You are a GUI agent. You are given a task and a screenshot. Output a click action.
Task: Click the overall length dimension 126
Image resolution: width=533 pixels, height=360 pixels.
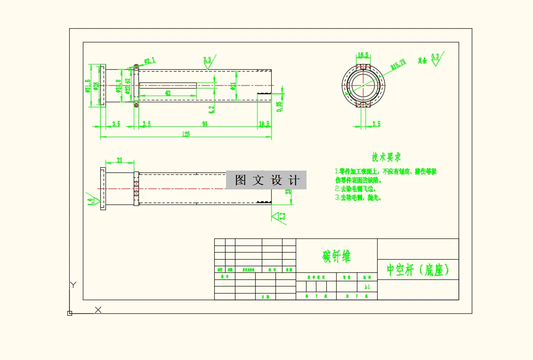[186, 134]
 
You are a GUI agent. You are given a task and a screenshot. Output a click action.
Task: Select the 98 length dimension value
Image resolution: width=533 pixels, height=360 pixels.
[205, 124]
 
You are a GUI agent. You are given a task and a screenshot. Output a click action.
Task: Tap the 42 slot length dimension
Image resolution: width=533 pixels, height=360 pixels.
[168, 93]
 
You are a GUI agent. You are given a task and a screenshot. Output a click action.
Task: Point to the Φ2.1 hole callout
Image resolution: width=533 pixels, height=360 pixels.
[149, 61]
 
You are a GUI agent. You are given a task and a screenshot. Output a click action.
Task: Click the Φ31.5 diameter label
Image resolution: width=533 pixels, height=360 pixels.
[88, 86]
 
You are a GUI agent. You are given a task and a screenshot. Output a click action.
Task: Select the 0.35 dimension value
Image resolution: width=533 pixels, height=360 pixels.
[279, 106]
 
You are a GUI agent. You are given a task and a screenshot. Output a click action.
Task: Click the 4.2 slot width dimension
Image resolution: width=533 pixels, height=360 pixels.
[211, 108]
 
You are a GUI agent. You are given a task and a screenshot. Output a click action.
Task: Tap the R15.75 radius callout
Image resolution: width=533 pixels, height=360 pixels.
[398, 65]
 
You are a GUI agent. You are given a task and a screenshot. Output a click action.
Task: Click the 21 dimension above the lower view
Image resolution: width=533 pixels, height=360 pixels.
[119, 160]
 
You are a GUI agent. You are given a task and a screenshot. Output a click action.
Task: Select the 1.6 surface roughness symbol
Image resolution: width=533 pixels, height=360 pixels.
[90, 201]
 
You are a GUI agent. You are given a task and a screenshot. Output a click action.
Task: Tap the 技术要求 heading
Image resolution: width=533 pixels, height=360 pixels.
[387, 157]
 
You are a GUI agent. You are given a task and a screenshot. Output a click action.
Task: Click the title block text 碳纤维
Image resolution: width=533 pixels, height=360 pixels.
[336, 256]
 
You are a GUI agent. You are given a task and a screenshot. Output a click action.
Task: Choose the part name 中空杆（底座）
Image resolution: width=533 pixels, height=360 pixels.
[418, 270]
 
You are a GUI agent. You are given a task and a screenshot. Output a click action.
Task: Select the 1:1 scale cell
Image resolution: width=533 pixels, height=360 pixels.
[367, 286]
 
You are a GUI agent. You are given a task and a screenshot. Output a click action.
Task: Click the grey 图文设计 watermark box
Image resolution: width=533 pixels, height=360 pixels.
[266, 180]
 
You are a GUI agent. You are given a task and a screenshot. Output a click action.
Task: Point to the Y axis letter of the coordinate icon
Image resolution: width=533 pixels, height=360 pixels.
[73, 285]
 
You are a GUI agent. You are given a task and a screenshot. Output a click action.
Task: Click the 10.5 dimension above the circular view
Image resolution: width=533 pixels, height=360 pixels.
[363, 55]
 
